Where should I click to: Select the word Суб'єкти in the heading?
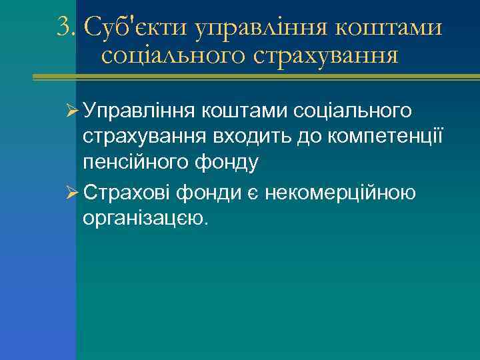point(134,27)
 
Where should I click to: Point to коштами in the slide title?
point(386,27)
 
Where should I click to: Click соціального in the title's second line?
point(173,55)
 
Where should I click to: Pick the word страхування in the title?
point(326,57)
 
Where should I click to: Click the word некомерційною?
point(341,193)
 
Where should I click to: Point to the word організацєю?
point(146,219)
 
